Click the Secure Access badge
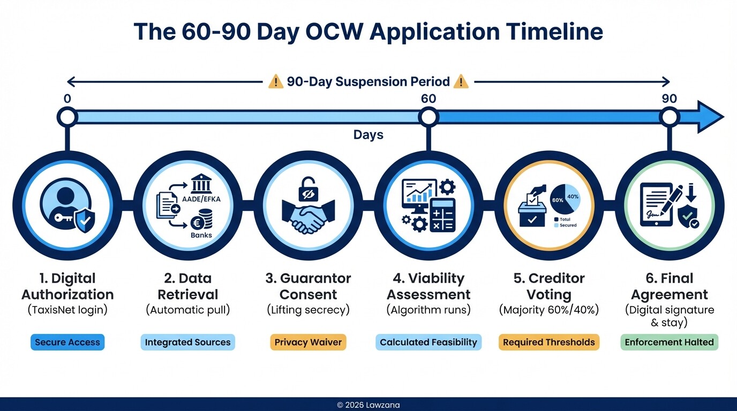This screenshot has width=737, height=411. pos(67,342)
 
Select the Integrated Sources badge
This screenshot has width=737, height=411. pos(187,342)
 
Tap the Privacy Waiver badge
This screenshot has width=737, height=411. pos(308,342)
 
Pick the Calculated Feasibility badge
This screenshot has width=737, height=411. pos(428,342)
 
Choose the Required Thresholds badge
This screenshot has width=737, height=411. pos(549,342)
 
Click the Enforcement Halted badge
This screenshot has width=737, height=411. pos(670,342)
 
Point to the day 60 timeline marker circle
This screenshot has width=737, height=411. pos(428,116)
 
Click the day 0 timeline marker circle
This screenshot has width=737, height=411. pos(67,116)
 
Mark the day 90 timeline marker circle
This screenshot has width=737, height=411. pos(669,116)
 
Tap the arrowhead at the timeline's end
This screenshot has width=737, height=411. pos(710,116)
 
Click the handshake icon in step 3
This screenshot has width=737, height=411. pos(308,216)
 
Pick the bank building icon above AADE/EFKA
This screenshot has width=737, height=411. pos(200,187)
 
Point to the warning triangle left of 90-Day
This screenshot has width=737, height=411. pos(275,82)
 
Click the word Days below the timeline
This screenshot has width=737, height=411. pos(368,135)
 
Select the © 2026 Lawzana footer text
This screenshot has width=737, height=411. pos(368,405)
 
